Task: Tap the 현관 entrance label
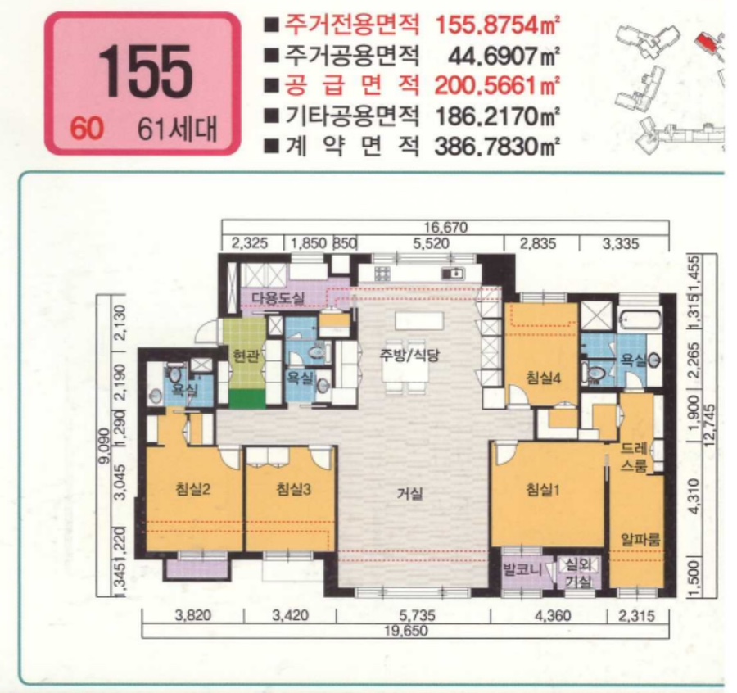pyautogui.click(x=245, y=357)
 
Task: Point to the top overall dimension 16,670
pyautogui.click(x=445, y=229)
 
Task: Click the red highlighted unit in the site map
pyautogui.click(x=703, y=42)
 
